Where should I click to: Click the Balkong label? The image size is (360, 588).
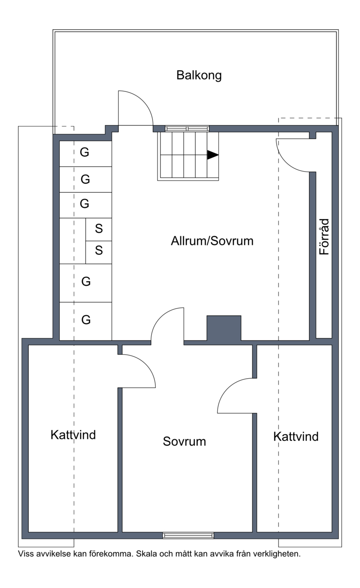pyautogui.click(x=199, y=76)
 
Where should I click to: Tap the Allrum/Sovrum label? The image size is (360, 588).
pyautogui.click(x=212, y=241)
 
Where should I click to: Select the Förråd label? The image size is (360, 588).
pyautogui.click(x=324, y=236)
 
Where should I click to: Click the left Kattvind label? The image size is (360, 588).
pyautogui.click(x=73, y=435)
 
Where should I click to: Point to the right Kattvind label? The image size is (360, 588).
pyautogui.click(x=296, y=437)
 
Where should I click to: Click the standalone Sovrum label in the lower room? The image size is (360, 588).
pyautogui.click(x=184, y=441)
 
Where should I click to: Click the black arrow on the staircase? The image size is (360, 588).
pyautogui.click(x=212, y=155)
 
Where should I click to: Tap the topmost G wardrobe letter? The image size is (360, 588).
pyautogui.click(x=85, y=152)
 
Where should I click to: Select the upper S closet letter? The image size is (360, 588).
pyautogui.click(x=99, y=228)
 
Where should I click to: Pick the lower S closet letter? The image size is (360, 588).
pyautogui.click(x=99, y=250)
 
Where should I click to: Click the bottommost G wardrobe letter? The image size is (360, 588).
pyautogui.click(x=86, y=320)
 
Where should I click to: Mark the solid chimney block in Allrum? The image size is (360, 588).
pyautogui.click(x=224, y=328)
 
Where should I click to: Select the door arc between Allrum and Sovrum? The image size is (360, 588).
pyautogui.click(x=160, y=317)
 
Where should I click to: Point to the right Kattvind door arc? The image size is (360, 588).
pyautogui.click(x=227, y=388)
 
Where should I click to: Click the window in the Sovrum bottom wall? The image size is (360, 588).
pyautogui.click(x=188, y=535)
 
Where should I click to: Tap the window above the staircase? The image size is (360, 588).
pyautogui.click(x=187, y=129)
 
